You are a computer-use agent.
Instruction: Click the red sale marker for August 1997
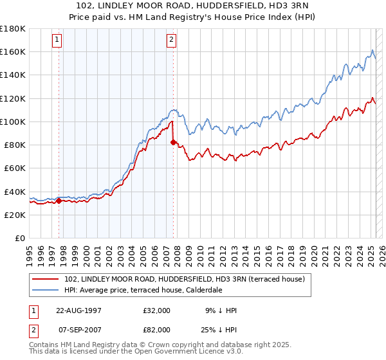[x=59, y=201]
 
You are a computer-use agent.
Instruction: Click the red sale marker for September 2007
[x=173, y=142]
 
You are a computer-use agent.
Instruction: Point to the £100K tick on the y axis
[x=13, y=122]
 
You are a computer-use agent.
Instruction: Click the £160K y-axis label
[x=13, y=51]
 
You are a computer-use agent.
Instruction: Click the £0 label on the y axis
[x=19, y=238]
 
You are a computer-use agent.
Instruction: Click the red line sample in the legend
[x=46, y=278]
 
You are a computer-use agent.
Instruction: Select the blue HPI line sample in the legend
[x=46, y=289]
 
